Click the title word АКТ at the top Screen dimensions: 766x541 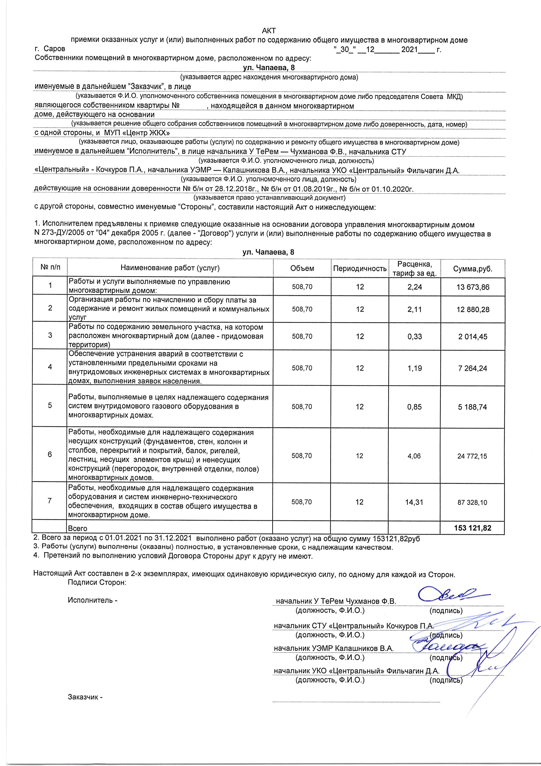(x=269, y=31)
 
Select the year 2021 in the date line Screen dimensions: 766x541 (x=409, y=50)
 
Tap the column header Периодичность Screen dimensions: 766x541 (x=360, y=269)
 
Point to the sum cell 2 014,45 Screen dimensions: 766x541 (x=473, y=337)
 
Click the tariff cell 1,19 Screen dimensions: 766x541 (x=415, y=368)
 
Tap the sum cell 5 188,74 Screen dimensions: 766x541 (x=473, y=407)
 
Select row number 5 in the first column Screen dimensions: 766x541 (x=50, y=405)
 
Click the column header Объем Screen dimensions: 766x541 (x=302, y=269)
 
